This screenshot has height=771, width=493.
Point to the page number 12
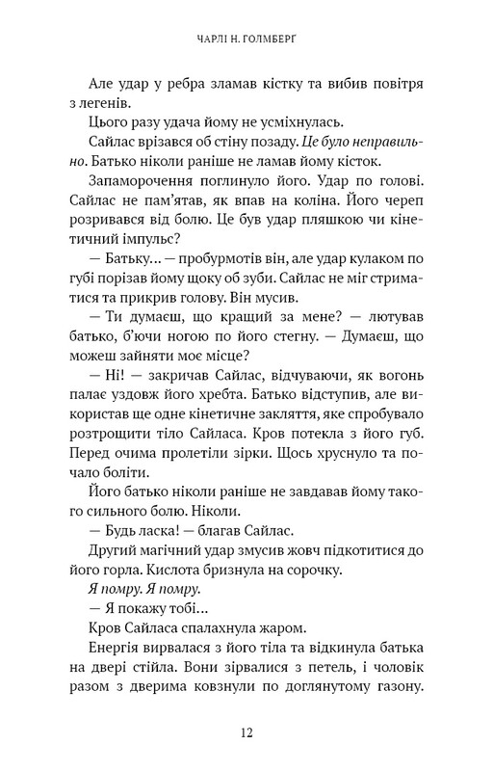pyautogui.click(x=246, y=733)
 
